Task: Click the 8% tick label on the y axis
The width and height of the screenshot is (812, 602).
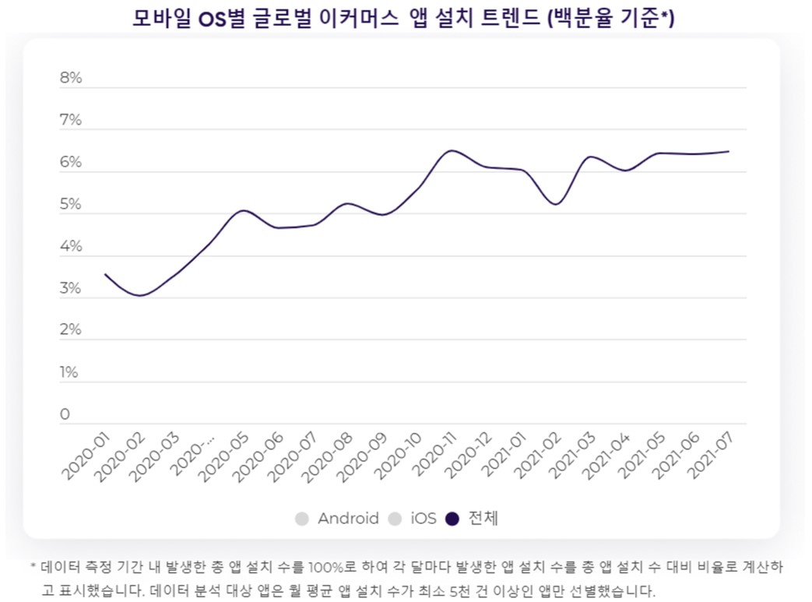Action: click(71, 79)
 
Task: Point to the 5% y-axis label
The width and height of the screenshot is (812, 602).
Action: click(71, 205)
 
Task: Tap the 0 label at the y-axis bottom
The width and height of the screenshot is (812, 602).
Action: click(65, 415)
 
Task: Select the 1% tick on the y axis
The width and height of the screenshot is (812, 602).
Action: click(70, 373)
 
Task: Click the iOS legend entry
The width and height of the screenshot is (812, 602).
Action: click(424, 519)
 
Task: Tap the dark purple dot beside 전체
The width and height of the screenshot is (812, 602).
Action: click(453, 519)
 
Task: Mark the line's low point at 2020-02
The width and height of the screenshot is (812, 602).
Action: click(140, 296)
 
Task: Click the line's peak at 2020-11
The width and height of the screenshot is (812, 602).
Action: click(452, 150)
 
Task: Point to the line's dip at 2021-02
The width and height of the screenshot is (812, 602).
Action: click(555, 204)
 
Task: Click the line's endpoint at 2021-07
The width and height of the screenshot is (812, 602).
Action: click(728, 151)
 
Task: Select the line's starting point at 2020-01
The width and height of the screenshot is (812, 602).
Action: click(105, 274)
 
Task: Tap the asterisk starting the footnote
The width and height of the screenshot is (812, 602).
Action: click(33, 566)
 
